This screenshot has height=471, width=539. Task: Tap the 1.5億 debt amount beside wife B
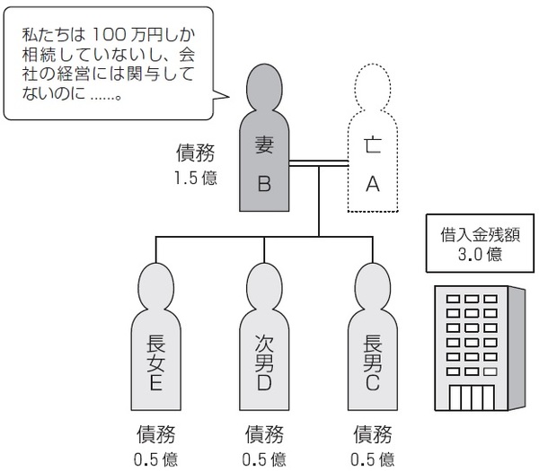196,178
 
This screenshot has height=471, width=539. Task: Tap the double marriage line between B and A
320,163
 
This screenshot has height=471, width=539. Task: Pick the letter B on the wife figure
264,184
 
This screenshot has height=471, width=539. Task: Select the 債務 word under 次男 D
264,435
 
